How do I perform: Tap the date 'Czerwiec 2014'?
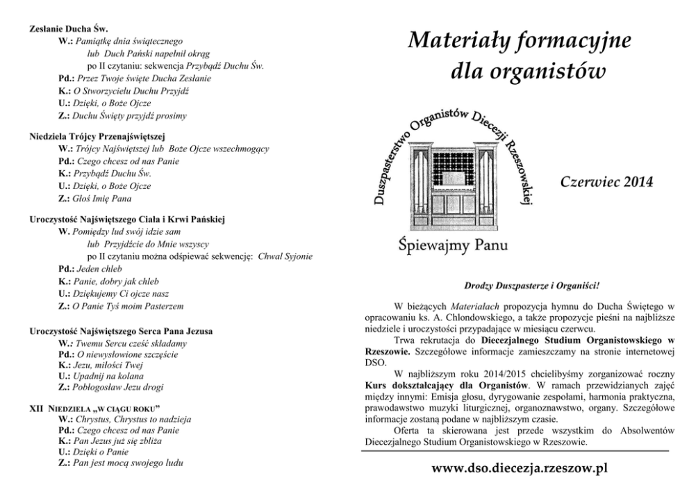coord(606,183)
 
